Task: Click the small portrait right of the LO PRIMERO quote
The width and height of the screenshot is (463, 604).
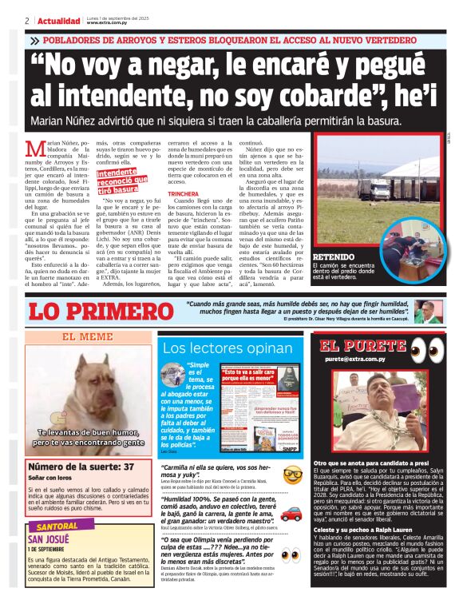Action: pos(424,311)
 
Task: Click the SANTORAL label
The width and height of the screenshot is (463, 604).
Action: pos(53,527)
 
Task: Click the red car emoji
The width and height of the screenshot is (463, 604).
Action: pos(292,513)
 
